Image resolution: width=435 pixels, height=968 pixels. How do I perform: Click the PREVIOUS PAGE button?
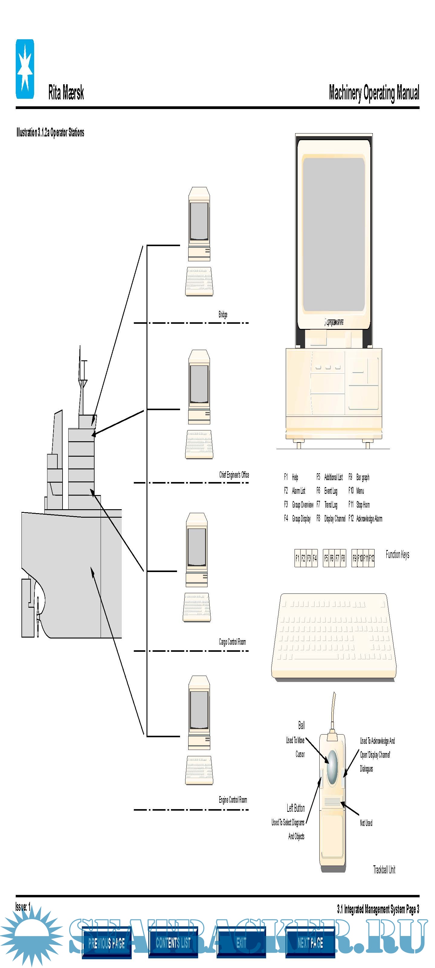(106, 942)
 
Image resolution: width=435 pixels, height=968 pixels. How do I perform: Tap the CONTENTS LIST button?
(173, 942)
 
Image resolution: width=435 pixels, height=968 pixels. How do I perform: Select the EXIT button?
(241, 942)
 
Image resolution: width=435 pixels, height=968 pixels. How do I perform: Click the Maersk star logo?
(25, 69)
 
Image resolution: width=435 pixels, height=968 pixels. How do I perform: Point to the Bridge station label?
(223, 314)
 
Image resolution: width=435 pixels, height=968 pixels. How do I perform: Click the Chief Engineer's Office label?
(234, 474)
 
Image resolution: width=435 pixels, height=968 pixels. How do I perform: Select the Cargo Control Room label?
(232, 642)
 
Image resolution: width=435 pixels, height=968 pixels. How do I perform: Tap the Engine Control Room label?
(233, 800)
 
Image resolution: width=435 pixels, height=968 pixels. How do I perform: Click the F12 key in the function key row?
(372, 558)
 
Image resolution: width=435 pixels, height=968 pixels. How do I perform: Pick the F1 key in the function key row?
(297, 558)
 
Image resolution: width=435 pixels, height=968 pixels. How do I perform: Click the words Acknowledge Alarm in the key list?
(369, 519)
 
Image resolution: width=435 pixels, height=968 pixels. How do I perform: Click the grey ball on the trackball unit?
(332, 762)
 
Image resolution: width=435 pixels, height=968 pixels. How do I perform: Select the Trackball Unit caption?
(384, 869)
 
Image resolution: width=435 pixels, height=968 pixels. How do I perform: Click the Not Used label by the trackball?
(366, 823)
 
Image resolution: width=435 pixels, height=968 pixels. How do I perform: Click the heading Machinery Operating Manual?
(374, 93)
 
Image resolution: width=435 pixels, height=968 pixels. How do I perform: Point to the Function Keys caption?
(398, 554)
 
